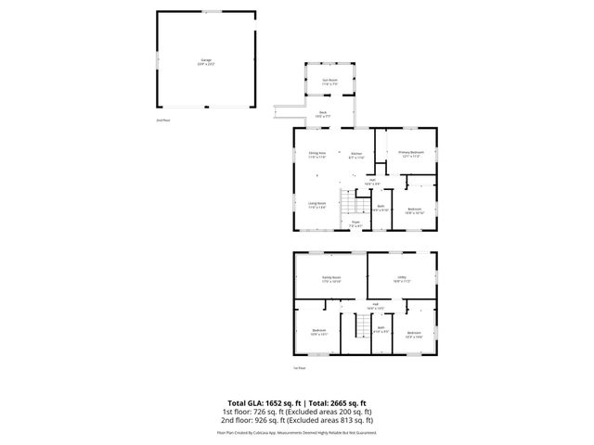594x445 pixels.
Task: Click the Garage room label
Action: point(206,62)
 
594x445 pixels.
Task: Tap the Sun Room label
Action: point(329,82)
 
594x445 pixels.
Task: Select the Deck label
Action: point(323,114)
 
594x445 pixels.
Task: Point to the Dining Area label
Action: point(316,154)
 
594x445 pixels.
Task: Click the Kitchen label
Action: point(355,155)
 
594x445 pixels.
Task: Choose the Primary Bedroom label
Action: point(411,153)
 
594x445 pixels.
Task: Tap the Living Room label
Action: point(316,204)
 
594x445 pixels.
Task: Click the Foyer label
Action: point(355,223)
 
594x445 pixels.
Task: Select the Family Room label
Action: point(331,278)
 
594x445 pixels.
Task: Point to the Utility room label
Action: point(401,278)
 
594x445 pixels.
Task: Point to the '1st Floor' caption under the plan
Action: point(299,368)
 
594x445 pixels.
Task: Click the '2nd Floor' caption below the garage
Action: point(162,121)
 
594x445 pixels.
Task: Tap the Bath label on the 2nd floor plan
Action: point(381,208)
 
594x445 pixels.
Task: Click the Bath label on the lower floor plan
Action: point(380,330)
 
